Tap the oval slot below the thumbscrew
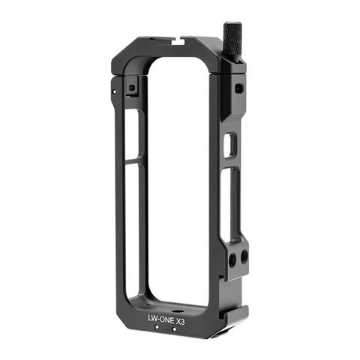pos(238,88)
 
